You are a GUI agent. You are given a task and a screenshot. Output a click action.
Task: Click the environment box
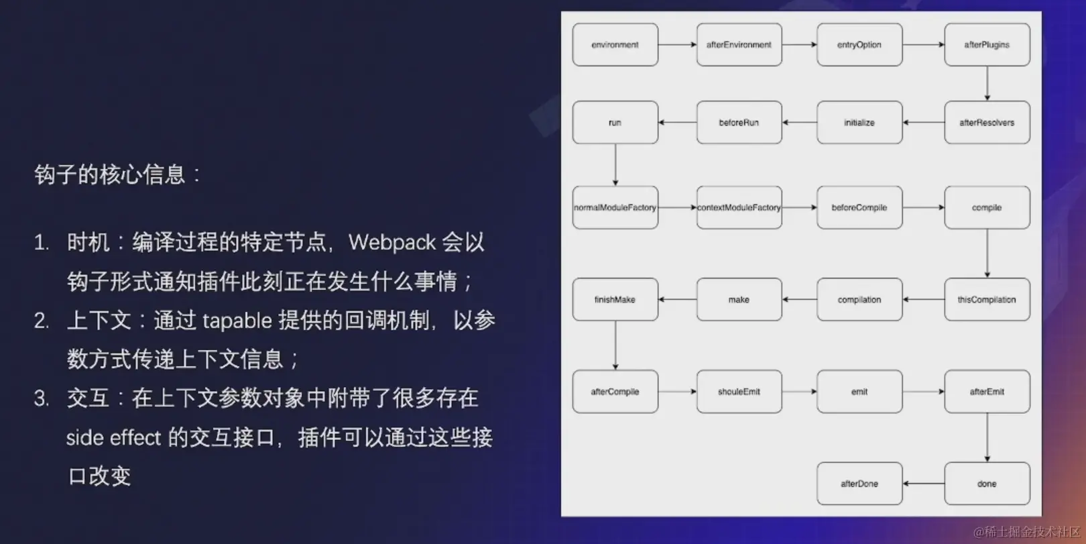pos(615,45)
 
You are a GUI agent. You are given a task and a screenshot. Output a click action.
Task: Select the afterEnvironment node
pos(739,45)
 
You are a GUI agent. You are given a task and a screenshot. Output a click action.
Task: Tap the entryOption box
pos(859,45)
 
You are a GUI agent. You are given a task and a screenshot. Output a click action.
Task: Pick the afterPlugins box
pos(987,45)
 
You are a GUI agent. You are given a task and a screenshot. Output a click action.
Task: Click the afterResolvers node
pos(987,123)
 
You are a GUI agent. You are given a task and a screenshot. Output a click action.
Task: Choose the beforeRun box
pos(739,123)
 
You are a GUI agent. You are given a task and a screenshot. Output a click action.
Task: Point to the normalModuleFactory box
pos(615,208)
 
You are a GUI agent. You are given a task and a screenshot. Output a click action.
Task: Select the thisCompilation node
pos(987,300)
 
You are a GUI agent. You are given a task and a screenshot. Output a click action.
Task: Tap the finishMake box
pos(615,300)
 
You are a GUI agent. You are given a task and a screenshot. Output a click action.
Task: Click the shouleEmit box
pos(739,392)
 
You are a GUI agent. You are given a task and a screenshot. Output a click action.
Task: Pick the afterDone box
pos(859,484)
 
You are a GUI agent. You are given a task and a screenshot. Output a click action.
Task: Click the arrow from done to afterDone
pos(923,484)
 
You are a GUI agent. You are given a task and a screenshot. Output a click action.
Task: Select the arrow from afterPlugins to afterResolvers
pos(987,83)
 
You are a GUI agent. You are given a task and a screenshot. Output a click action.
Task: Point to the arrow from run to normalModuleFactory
pos(615,165)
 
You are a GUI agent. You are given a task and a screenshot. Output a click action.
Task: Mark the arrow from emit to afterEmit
pos(923,392)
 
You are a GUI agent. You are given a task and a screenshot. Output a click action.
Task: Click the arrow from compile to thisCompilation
pos(987,254)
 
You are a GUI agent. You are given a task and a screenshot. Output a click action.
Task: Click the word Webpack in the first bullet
pos(392,242)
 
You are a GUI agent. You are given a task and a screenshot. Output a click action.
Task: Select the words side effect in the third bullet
pos(113,438)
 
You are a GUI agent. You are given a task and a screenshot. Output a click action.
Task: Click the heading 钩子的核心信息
pos(110,175)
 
